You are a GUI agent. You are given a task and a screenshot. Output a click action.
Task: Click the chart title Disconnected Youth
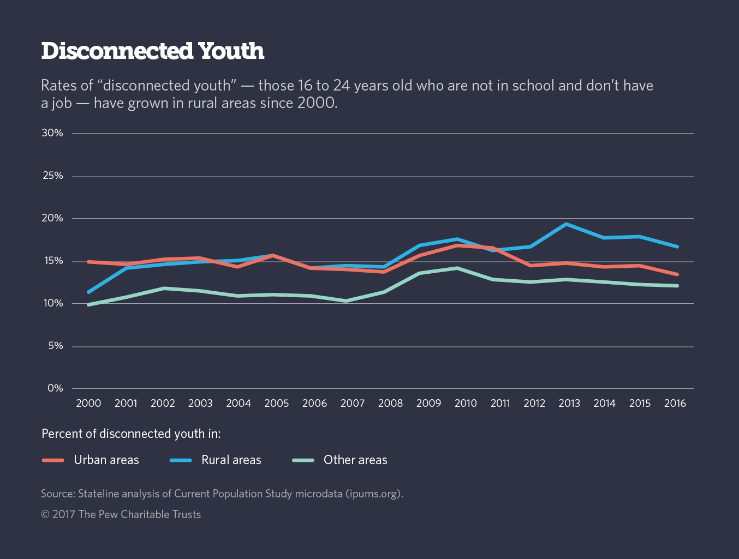[x=152, y=51]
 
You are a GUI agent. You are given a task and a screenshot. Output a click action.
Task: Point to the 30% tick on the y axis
[x=52, y=133]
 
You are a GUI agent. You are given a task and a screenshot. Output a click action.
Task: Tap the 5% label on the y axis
[x=55, y=346]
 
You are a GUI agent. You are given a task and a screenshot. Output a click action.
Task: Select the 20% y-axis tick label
[x=52, y=218]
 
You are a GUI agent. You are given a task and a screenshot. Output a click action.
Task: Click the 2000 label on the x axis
[x=88, y=403]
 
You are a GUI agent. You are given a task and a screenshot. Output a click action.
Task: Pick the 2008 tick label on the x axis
[x=390, y=403]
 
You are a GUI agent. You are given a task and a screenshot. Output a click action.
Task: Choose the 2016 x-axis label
[x=675, y=403]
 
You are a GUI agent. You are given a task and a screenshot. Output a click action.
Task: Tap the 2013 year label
[x=569, y=403]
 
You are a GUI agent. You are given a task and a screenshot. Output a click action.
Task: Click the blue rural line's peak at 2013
[x=567, y=224]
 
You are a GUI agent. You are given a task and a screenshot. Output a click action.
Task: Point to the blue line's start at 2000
[x=88, y=292]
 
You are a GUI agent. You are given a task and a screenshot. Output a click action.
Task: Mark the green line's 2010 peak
[x=457, y=268]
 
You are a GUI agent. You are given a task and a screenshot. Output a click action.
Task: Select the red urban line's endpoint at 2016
[x=677, y=274]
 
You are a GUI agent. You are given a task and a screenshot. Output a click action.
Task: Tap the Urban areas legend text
[x=106, y=460]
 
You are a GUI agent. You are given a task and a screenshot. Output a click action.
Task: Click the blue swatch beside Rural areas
[x=181, y=460]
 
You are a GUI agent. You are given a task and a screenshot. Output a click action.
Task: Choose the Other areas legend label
[x=355, y=460]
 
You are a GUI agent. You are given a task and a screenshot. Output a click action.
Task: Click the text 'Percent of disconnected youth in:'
[x=131, y=434]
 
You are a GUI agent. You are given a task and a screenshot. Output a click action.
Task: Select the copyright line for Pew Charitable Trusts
[x=121, y=514]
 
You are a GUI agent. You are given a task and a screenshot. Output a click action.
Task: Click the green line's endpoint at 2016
[x=677, y=286]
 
